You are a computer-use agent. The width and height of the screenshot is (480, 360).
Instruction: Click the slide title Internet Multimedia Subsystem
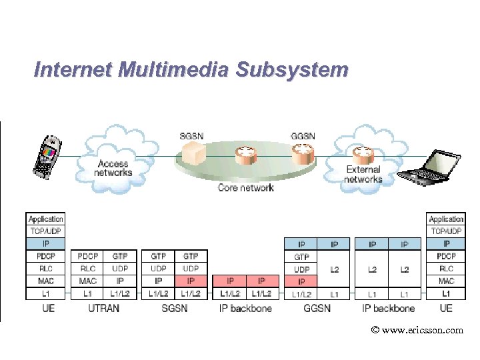pyautogui.click(x=191, y=69)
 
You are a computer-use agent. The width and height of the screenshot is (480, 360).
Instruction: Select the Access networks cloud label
pyautogui.click(x=113, y=168)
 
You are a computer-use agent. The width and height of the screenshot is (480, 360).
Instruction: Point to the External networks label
pyautogui.click(x=363, y=174)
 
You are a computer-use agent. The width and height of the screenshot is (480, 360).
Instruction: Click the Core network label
pyautogui.click(x=245, y=188)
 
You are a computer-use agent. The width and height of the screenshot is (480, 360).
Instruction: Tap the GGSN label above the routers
pyautogui.click(x=303, y=136)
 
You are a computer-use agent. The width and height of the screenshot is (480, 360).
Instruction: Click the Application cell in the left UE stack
pyautogui.click(x=46, y=219)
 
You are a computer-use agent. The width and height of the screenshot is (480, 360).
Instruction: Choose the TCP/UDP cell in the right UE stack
pyautogui.click(x=446, y=231)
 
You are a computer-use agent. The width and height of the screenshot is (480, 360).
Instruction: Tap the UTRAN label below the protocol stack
pyautogui.click(x=103, y=308)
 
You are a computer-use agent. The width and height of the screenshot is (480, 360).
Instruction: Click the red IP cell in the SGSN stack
pyautogui.click(x=191, y=281)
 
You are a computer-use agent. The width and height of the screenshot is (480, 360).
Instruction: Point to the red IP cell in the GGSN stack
pyautogui.click(x=302, y=281)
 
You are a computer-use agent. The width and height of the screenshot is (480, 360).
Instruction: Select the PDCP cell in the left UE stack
pyautogui.click(x=46, y=256)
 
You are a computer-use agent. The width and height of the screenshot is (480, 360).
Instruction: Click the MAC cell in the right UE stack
pyautogui.click(x=446, y=281)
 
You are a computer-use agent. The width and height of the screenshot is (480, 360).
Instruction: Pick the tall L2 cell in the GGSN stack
pyautogui.click(x=335, y=269)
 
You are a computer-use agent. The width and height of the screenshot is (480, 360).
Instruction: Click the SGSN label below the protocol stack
pyautogui.click(x=175, y=308)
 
